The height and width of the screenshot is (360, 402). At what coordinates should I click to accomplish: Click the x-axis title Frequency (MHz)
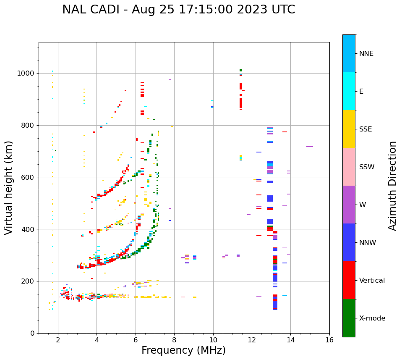point(183,350)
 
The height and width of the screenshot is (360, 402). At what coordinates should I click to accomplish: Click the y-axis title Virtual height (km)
point(9,188)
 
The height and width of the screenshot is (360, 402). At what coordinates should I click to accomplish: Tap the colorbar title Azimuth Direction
point(392,186)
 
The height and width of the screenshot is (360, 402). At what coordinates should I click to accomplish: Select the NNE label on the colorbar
point(366,54)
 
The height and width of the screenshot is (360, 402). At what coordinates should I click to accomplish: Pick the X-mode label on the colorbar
point(372,318)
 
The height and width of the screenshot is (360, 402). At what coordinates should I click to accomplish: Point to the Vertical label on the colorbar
point(372,281)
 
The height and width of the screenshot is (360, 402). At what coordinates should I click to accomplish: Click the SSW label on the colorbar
point(367,167)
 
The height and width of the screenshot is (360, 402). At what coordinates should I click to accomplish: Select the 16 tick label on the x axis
point(329,340)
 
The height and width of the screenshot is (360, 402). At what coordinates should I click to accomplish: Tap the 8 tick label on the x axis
point(174,340)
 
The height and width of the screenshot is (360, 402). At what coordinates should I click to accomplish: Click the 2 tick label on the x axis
point(58,340)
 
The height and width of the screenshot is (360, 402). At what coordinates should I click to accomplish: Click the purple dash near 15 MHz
point(310,147)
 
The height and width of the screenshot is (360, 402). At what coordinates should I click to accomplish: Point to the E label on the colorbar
point(361,92)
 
